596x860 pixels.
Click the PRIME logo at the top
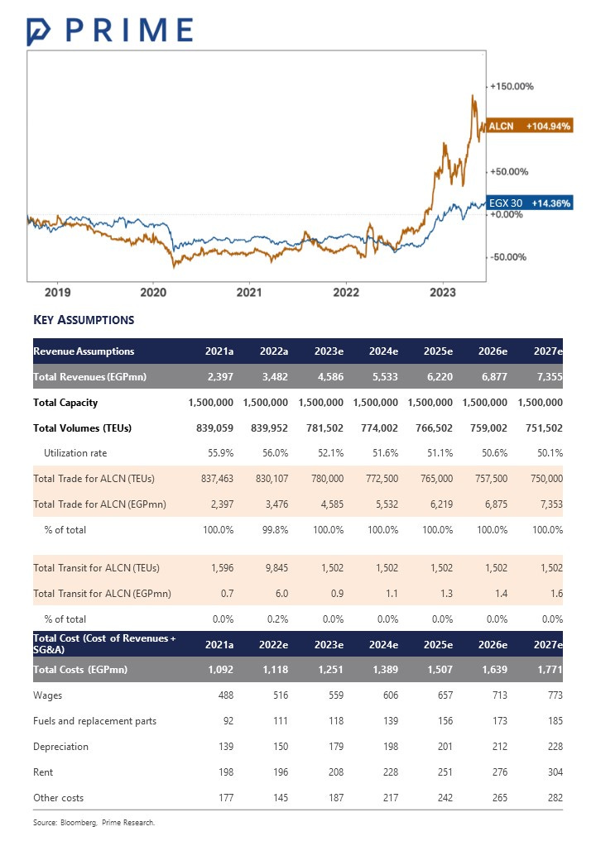[110, 30]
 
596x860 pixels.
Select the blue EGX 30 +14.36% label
[529, 203]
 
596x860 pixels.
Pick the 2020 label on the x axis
[153, 292]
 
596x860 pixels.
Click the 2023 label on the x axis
[443, 292]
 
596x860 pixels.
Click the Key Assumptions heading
[84, 320]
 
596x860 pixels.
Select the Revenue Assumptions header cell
[84, 351]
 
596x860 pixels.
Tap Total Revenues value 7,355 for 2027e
[548, 377]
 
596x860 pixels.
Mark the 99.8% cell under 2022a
[274, 529]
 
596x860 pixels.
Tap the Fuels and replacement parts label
[94, 721]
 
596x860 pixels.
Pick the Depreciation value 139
[223, 747]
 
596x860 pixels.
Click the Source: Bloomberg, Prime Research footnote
[94, 823]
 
